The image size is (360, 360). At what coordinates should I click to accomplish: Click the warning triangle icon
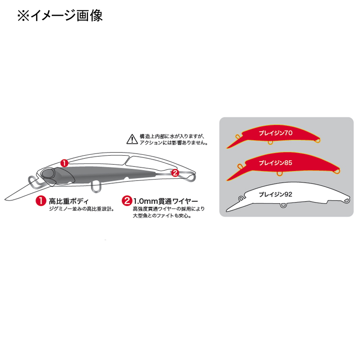132,139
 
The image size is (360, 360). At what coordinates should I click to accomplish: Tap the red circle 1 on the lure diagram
64,163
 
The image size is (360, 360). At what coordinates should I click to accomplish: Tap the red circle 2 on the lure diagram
175,173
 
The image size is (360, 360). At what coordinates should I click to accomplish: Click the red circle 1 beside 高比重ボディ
41,201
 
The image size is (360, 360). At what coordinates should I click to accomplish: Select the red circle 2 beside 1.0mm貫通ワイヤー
127,201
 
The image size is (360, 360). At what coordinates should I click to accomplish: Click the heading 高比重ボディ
68,201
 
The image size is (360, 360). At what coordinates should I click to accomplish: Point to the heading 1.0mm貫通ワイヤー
166,201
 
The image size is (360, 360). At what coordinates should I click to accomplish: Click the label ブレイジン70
275,133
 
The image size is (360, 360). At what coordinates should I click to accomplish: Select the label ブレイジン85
275,163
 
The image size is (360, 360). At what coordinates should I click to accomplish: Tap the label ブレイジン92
275,194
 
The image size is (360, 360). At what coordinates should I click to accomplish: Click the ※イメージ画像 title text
60,16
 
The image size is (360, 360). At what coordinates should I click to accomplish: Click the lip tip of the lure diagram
5,199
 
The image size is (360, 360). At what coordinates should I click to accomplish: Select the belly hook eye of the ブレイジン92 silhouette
283,206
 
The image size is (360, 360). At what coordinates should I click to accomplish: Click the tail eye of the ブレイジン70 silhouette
317,141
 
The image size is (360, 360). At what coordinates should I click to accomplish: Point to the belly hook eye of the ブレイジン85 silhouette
279,173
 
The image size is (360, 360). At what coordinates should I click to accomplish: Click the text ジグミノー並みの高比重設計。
81,209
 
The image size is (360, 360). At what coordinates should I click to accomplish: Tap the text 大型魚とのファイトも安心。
162,216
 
